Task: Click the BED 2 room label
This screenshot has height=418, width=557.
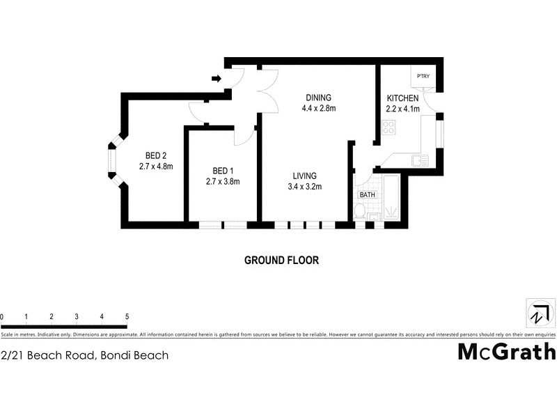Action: (x=155, y=155)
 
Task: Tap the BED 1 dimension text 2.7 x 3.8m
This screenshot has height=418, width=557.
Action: (x=223, y=181)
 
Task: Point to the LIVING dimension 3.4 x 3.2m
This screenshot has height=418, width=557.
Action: (x=304, y=186)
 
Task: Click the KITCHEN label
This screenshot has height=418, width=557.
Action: (x=402, y=98)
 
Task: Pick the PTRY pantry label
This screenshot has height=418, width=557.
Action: (x=423, y=76)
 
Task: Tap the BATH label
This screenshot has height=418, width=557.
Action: (x=367, y=195)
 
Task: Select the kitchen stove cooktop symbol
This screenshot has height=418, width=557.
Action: (x=389, y=127)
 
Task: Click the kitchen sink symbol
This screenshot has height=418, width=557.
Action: (x=418, y=160)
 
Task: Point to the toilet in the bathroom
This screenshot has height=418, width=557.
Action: (x=361, y=212)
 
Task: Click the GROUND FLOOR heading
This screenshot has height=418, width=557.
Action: (x=281, y=261)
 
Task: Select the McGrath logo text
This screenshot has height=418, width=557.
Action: (x=506, y=352)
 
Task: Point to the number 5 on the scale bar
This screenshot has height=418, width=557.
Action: (x=127, y=317)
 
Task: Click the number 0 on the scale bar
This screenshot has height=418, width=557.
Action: (x=2, y=317)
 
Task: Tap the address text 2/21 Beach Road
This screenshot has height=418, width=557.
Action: (x=84, y=355)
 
